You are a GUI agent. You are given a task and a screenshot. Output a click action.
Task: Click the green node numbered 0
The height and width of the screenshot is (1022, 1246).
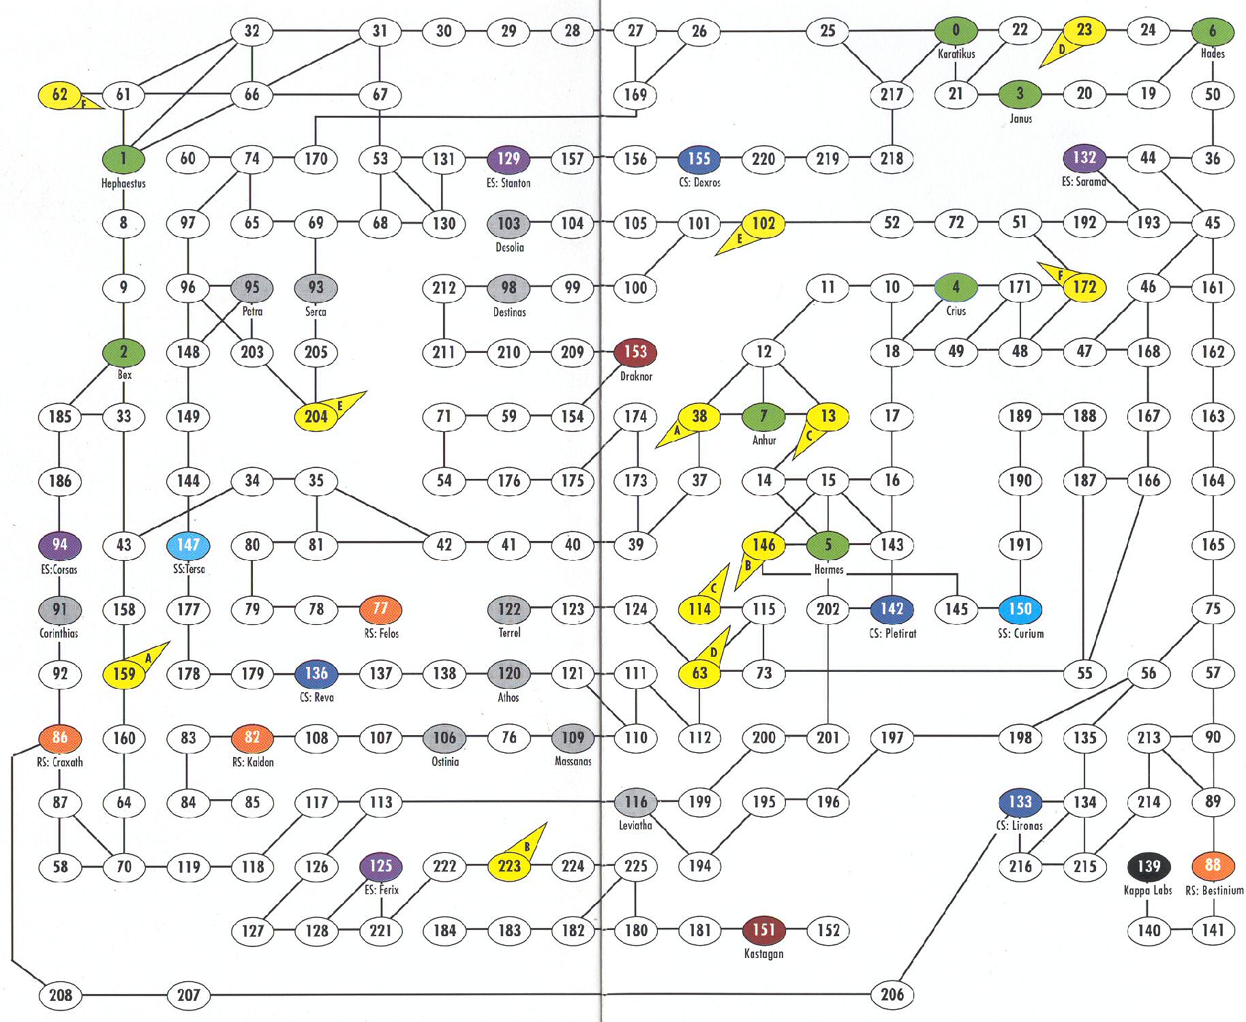[x=956, y=31]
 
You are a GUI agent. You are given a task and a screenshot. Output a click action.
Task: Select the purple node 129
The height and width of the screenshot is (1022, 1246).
[x=508, y=159]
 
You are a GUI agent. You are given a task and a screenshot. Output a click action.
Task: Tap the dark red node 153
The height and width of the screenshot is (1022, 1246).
[x=635, y=352]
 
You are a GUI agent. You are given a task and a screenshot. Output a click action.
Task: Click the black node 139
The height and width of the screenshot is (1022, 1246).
[x=1149, y=866]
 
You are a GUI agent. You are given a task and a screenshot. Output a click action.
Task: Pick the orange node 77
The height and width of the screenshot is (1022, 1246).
[x=380, y=608]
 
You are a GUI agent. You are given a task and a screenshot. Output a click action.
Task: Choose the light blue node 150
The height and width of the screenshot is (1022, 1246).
[x=1020, y=608]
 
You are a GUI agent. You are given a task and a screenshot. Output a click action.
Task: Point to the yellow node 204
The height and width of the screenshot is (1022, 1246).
[x=316, y=416]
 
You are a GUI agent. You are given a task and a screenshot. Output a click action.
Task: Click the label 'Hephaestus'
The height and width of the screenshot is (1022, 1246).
[x=123, y=183]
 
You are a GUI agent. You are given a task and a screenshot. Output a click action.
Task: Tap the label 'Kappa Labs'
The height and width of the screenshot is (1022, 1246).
[x=1148, y=891]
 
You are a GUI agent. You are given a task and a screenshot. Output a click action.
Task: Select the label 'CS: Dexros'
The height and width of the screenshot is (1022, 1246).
[x=699, y=183]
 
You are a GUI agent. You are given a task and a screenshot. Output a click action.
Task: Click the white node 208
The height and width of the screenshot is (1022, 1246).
[x=60, y=995]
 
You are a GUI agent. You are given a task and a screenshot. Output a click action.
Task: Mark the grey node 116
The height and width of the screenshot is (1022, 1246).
[x=635, y=802]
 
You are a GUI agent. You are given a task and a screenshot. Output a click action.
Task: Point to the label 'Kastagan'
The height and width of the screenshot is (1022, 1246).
[x=763, y=954]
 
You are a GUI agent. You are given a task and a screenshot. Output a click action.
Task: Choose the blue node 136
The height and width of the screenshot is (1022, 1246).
[x=316, y=673]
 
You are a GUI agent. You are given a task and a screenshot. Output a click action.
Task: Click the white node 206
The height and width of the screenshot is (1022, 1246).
[x=892, y=995]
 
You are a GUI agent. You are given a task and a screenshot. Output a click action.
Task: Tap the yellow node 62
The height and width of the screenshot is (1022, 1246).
[x=59, y=95]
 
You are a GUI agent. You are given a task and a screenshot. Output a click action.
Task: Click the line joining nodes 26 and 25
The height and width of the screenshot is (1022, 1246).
[x=763, y=31]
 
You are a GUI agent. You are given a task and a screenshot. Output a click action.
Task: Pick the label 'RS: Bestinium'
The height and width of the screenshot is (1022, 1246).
[x=1214, y=891]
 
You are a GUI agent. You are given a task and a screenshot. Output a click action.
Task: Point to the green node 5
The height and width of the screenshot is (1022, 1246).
[x=827, y=545]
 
